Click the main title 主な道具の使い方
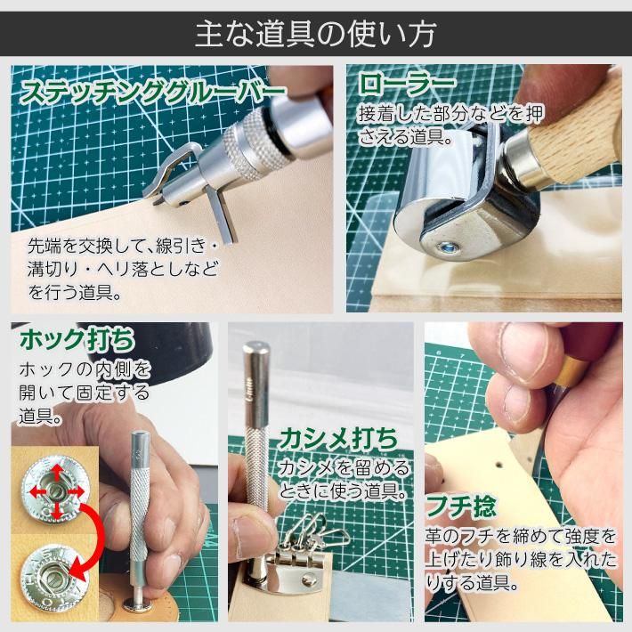click(316, 34)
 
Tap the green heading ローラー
click(407, 85)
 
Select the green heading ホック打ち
click(77, 339)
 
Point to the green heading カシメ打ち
click(338, 439)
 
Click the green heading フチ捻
click(461, 506)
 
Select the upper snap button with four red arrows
click(55, 491)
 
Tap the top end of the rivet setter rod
click(256, 347)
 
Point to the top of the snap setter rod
click(141, 436)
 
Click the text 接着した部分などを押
click(450, 114)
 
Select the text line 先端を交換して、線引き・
click(123, 246)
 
